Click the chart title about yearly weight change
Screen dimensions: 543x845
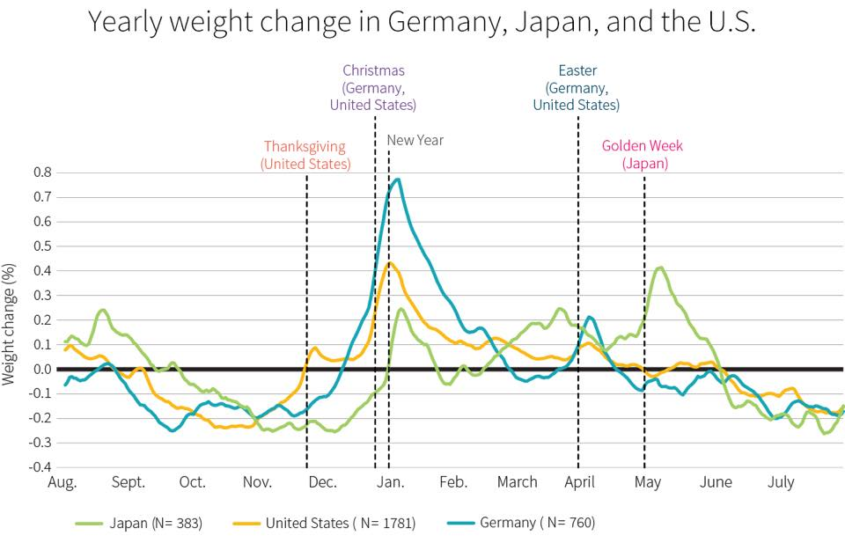[422, 22]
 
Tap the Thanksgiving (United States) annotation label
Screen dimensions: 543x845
[305, 155]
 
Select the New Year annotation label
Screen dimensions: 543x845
[415, 140]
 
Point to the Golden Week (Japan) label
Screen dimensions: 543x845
[643, 155]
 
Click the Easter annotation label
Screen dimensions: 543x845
[577, 87]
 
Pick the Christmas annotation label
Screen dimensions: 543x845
[373, 87]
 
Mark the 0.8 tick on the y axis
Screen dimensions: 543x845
[42, 172]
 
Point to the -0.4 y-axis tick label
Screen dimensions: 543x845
[40, 467]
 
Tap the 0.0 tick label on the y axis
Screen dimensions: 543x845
[42, 369]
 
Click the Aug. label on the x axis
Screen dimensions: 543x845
[62, 482]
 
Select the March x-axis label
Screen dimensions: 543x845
[517, 482]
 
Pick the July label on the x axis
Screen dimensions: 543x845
[781, 482]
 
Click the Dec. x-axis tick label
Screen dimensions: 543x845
[322, 482]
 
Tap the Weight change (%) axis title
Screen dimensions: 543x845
[10, 323]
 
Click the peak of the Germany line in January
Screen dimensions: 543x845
[398, 180]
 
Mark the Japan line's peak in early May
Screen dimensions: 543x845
[659, 268]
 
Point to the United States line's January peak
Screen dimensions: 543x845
[390, 262]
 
